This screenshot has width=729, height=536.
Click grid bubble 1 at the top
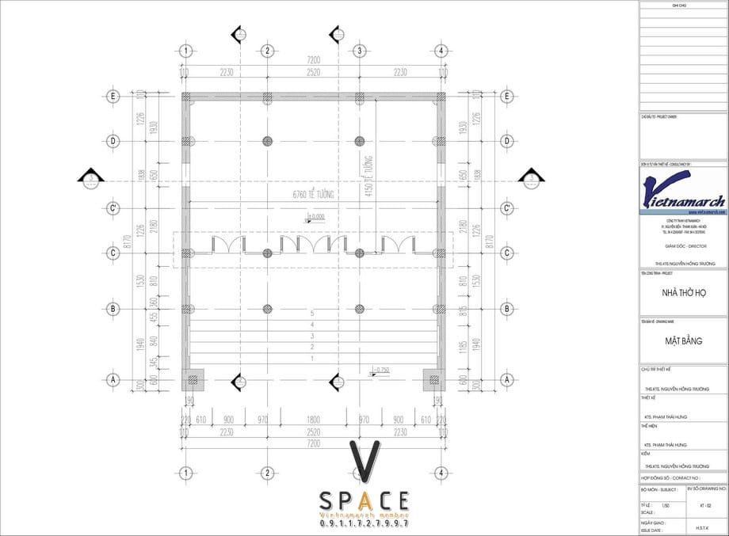click(x=185, y=51)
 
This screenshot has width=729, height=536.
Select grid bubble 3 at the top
click(x=359, y=51)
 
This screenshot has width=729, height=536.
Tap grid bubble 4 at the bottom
click(x=441, y=473)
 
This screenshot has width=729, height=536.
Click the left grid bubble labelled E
click(x=113, y=97)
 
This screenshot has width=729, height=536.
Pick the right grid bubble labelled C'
click(x=506, y=208)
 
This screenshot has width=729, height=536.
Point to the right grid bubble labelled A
click(x=506, y=380)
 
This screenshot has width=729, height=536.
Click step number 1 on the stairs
click(x=312, y=359)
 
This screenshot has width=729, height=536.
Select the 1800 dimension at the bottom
click(x=313, y=420)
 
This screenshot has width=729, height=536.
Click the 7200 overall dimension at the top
click(x=313, y=60)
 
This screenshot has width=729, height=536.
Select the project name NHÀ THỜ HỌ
click(x=683, y=293)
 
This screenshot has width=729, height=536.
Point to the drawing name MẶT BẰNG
click(x=683, y=341)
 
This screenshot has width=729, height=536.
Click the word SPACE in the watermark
click(x=364, y=501)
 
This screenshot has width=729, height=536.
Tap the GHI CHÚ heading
click(x=683, y=6)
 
